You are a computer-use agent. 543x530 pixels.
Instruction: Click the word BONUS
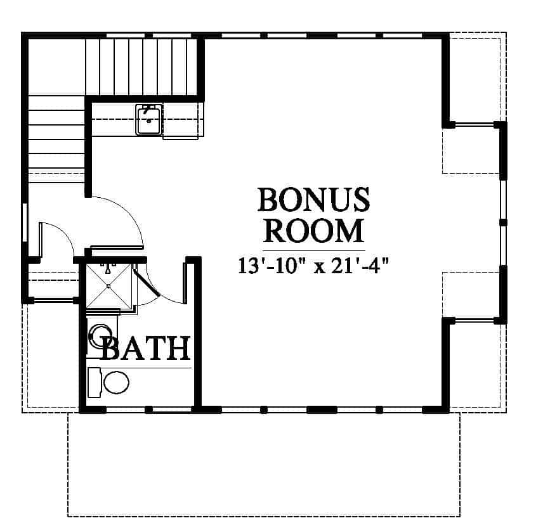click(314, 200)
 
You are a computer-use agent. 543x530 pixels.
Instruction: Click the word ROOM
click(314, 231)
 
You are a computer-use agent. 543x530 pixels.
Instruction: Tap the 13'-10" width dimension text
click(268, 266)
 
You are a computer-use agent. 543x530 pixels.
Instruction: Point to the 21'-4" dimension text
click(360, 266)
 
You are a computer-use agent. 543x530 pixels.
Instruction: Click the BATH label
click(145, 348)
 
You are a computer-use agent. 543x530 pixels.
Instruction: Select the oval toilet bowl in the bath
click(116, 382)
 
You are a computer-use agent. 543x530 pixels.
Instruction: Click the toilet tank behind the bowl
click(94, 382)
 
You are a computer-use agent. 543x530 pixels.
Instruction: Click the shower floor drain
click(108, 286)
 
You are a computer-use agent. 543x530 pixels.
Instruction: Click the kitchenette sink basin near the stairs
click(149, 120)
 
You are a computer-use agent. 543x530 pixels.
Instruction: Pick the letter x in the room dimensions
click(319, 268)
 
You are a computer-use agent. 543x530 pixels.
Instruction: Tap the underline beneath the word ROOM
click(314, 250)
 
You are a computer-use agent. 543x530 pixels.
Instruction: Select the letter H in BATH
click(179, 348)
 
